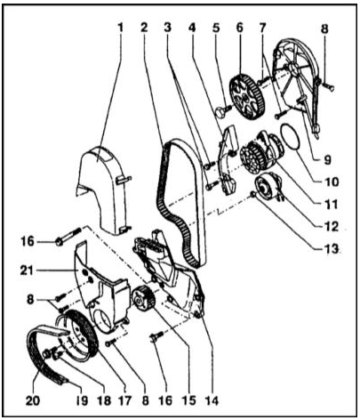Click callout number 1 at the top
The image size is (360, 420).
tap(120, 28)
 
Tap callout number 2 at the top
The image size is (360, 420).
tap(144, 28)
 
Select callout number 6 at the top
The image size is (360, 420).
tap(239, 28)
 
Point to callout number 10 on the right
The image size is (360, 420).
tap(332, 182)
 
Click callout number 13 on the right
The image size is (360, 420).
tap(332, 249)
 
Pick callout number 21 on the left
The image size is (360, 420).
tap(27, 271)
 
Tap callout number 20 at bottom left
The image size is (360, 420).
tap(33, 400)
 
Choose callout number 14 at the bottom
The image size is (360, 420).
tap(212, 400)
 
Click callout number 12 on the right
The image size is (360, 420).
tap(332, 227)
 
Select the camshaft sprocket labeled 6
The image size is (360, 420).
tap(246, 96)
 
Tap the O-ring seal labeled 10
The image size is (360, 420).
tap(290, 139)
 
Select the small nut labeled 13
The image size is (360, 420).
tap(253, 195)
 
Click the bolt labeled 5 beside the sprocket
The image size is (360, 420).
tap(223, 111)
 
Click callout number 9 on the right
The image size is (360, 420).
tap(327, 160)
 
